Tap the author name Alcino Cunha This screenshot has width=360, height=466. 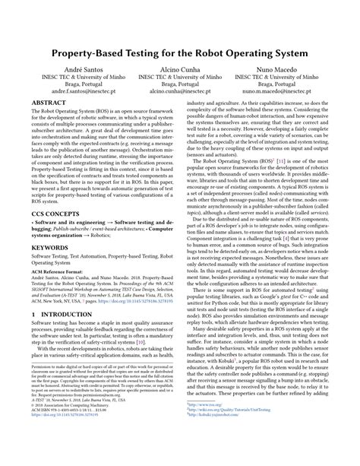[180, 69]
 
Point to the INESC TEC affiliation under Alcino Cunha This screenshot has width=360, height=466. [180, 78]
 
